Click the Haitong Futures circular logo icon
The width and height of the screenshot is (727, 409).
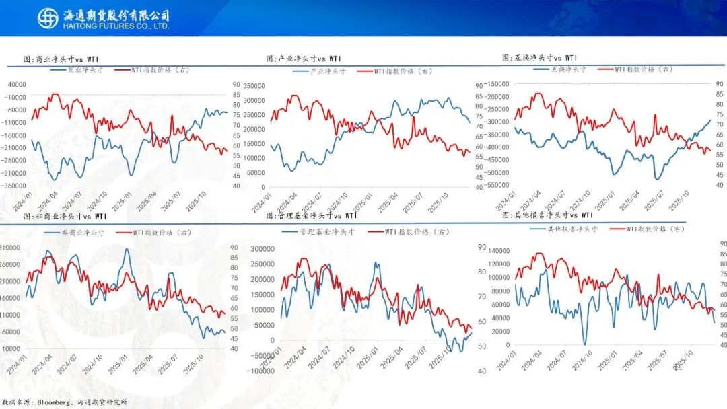48,18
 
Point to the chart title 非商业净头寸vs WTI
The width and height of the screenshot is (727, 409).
65,217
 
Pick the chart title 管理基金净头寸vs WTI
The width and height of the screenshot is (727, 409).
312,216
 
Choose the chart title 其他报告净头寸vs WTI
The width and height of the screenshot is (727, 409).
548,215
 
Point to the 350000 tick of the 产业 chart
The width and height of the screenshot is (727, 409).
255,86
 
